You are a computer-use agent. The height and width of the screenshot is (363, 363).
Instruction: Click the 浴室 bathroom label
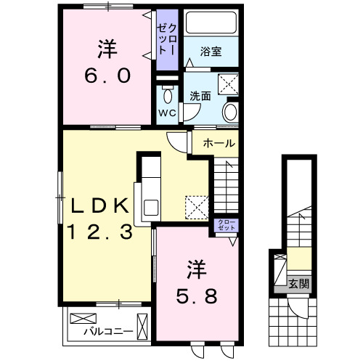[211, 52]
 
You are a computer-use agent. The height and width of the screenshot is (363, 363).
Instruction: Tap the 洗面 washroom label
[200, 95]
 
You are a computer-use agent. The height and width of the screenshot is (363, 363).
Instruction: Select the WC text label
[167, 113]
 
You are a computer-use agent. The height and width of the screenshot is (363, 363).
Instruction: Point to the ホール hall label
[219, 143]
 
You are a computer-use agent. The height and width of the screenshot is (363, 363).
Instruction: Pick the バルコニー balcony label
[107, 331]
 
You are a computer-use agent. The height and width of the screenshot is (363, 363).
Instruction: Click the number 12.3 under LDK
[101, 232]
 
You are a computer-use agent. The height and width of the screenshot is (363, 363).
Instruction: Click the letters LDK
[99, 205]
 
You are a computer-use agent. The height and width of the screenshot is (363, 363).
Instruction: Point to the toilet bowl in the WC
[168, 95]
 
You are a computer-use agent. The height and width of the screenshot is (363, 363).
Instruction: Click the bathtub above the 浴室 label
[211, 25]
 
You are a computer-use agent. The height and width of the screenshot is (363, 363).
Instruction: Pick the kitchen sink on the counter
[152, 206]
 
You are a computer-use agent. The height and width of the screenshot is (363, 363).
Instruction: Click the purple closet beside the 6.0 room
[166, 41]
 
